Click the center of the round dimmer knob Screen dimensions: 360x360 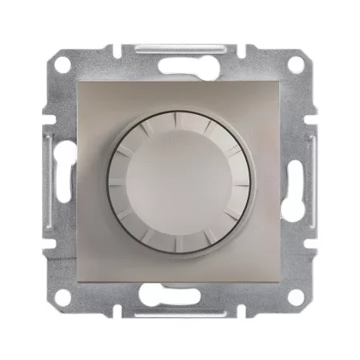[180, 178]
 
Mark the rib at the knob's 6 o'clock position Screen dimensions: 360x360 [180, 241]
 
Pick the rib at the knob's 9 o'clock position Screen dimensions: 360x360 [118, 178]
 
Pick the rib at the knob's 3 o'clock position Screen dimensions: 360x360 [243, 178]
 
